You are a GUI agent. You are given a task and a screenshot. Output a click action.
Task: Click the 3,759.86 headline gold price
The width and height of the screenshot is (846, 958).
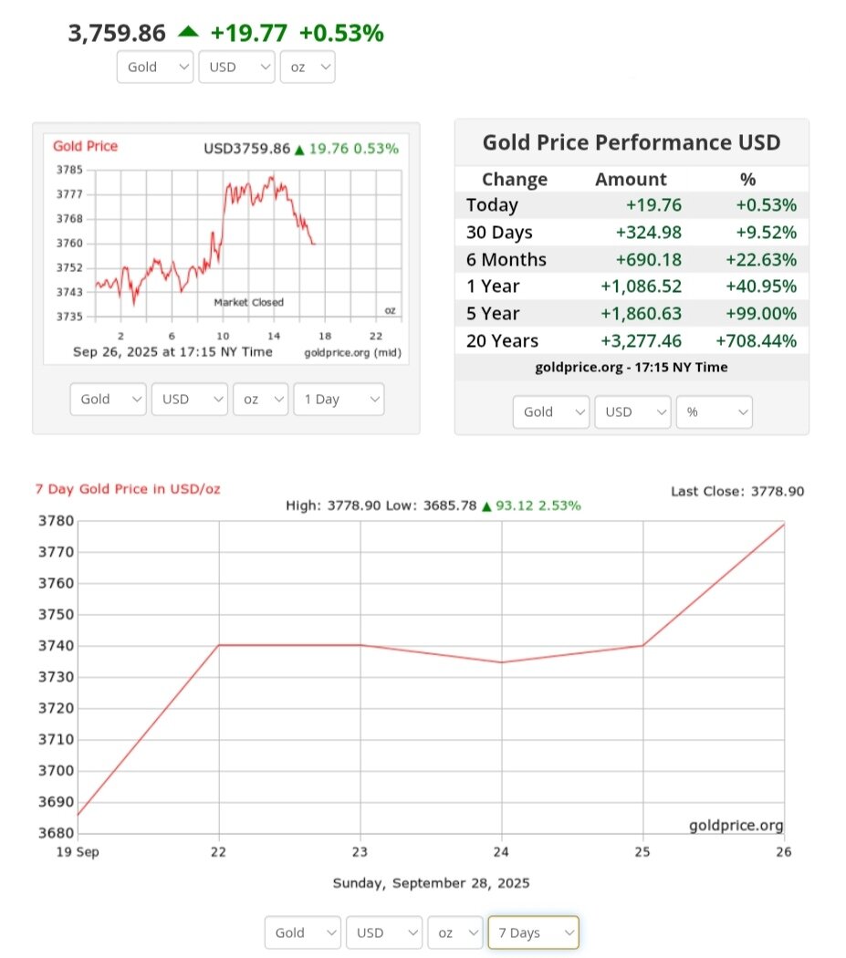pyautogui.click(x=117, y=34)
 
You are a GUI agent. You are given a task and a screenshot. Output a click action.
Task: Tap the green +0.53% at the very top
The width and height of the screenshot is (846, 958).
pyautogui.click(x=342, y=34)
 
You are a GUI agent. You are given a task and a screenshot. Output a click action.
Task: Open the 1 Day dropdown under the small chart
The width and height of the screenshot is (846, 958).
pyautogui.click(x=338, y=400)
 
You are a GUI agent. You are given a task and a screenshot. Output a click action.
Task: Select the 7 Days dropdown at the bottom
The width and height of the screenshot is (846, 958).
pyautogui.click(x=532, y=932)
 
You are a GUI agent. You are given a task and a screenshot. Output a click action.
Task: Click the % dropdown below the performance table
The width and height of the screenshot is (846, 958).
pyautogui.click(x=713, y=411)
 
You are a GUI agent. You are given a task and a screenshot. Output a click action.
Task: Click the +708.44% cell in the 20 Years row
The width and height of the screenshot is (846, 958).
pyautogui.click(x=756, y=341)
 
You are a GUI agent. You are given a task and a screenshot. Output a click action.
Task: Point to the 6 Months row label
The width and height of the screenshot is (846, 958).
pyautogui.click(x=506, y=259)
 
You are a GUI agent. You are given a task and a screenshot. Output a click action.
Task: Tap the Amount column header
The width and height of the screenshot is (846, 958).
pyautogui.click(x=631, y=180)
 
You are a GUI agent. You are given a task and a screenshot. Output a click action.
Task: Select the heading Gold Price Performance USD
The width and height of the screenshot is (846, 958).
pyautogui.click(x=631, y=142)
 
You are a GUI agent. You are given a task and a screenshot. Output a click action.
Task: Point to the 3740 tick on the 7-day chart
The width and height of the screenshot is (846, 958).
pyautogui.click(x=55, y=646)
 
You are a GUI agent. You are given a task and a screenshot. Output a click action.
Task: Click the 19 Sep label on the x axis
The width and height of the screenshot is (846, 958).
pyautogui.click(x=78, y=852)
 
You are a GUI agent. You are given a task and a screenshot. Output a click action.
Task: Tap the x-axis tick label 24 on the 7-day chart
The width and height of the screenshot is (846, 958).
pyautogui.click(x=502, y=852)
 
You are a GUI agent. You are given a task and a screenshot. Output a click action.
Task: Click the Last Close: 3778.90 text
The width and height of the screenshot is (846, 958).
pyautogui.click(x=737, y=491)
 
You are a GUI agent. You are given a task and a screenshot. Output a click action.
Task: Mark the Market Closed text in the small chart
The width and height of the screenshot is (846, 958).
pyautogui.click(x=248, y=302)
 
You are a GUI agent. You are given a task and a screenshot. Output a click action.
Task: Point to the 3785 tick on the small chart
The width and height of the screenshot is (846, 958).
pyautogui.click(x=69, y=170)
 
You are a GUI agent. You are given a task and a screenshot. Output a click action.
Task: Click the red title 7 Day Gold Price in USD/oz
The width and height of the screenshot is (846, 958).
pyautogui.click(x=127, y=489)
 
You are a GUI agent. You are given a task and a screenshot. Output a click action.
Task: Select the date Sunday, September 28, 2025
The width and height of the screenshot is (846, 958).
pyautogui.click(x=431, y=882)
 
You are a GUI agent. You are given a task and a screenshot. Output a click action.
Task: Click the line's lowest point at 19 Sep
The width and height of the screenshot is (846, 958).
pyautogui.click(x=78, y=815)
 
